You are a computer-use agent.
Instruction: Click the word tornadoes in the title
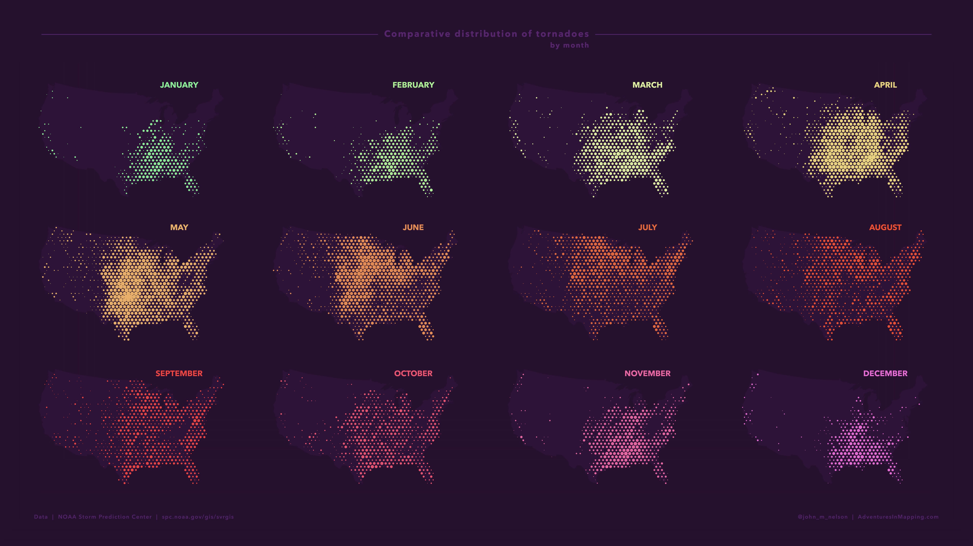pos(562,34)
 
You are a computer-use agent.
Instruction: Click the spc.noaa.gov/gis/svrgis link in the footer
pos(198,517)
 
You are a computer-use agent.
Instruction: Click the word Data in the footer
pos(41,517)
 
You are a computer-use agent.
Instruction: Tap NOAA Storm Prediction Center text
pos(105,517)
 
